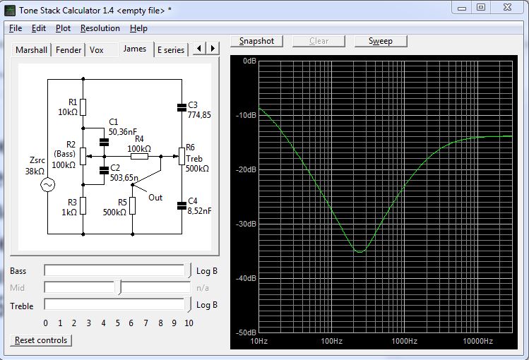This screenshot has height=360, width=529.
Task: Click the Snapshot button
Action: point(256,41)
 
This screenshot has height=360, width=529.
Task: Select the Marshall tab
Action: point(31,50)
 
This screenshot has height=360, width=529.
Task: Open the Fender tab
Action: point(69,50)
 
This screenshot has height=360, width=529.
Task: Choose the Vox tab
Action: point(96,50)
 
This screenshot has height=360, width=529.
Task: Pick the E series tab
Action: point(171,50)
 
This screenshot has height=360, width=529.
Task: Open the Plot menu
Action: point(63,28)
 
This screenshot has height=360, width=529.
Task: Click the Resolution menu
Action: point(100,28)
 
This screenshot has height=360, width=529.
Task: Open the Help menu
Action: point(138,28)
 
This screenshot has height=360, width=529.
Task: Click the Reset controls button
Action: point(42,340)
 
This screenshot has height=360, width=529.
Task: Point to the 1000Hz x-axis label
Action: point(405,342)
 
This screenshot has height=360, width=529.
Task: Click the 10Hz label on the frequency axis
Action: point(260,342)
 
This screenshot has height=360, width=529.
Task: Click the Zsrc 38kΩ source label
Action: point(35,167)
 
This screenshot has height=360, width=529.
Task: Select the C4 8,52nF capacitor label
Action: point(199,206)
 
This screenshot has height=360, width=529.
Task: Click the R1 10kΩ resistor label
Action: point(68,107)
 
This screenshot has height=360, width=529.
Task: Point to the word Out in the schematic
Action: point(155,198)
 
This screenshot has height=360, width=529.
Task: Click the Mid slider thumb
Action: point(120,287)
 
